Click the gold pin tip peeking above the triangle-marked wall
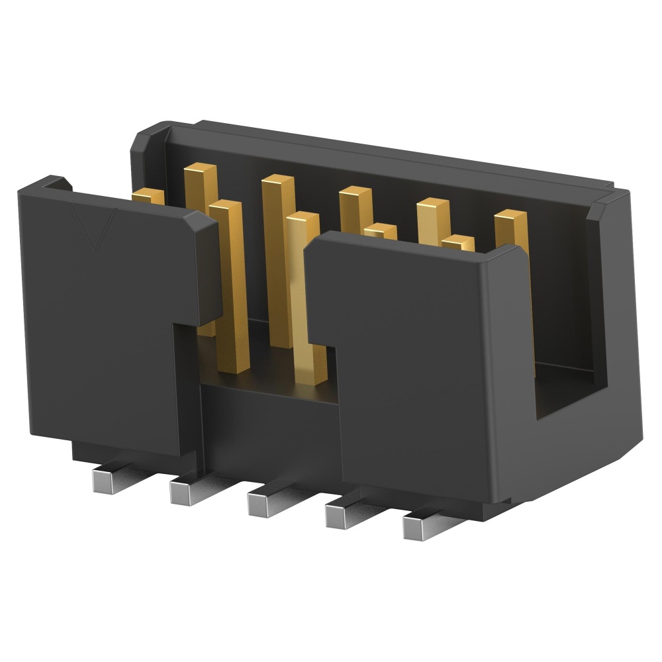click(x=149, y=196)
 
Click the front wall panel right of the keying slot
click(x=424, y=371)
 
